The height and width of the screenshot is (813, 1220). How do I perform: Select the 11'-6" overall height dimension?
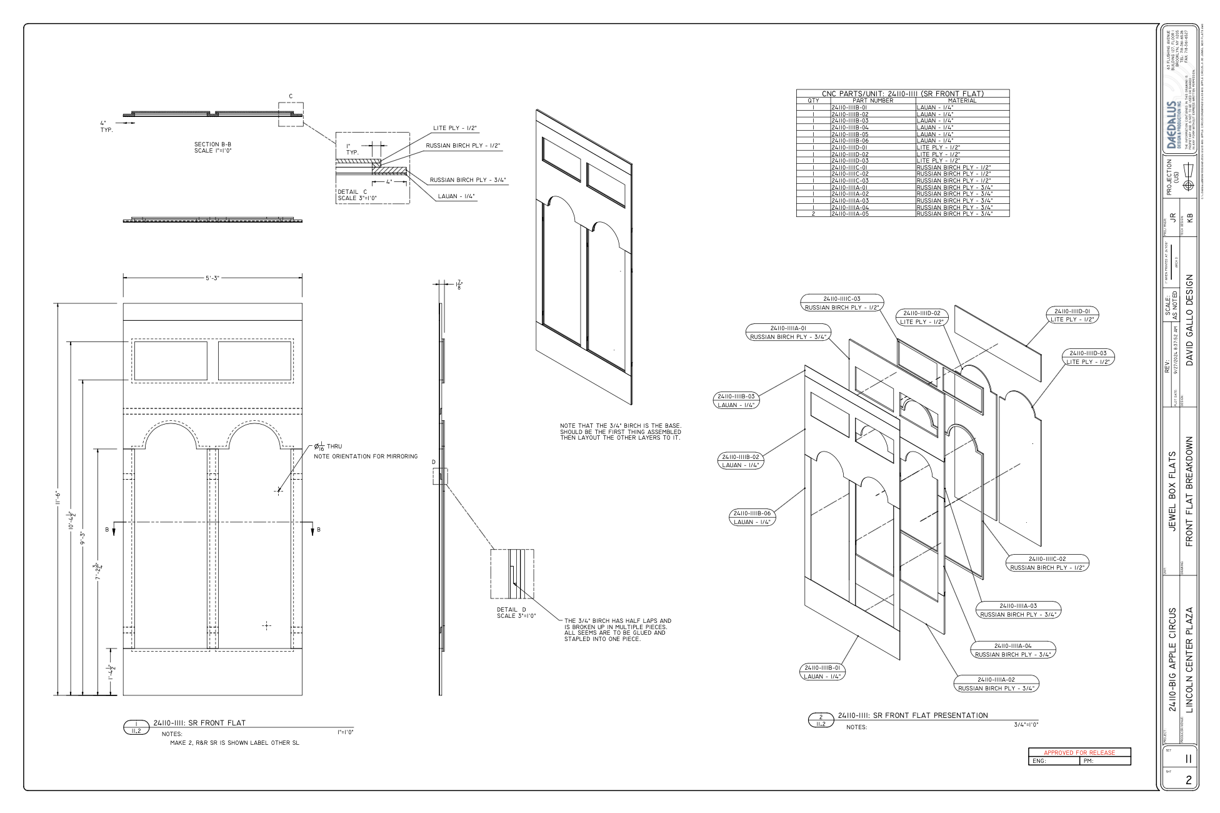pos(58,500)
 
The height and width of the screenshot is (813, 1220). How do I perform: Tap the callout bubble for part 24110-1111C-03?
pos(841,303)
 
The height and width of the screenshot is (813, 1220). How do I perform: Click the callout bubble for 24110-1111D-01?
pos(1072,315)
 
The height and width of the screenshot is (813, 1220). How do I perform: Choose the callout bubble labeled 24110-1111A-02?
pos(995,684)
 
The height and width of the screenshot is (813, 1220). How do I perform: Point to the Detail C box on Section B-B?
pos(291,114)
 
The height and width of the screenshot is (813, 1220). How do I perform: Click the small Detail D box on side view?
pos(440,476)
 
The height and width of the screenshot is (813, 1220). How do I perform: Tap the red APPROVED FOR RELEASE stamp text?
pos(1079,752)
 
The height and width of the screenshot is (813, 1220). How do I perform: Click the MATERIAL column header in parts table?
pos(962,101)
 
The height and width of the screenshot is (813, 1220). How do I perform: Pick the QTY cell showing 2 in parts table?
pos(813,214)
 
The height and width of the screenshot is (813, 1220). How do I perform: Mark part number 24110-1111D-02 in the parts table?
pos(849,154)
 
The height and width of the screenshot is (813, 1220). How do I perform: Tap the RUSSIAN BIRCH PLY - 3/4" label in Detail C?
pos(467,180)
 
